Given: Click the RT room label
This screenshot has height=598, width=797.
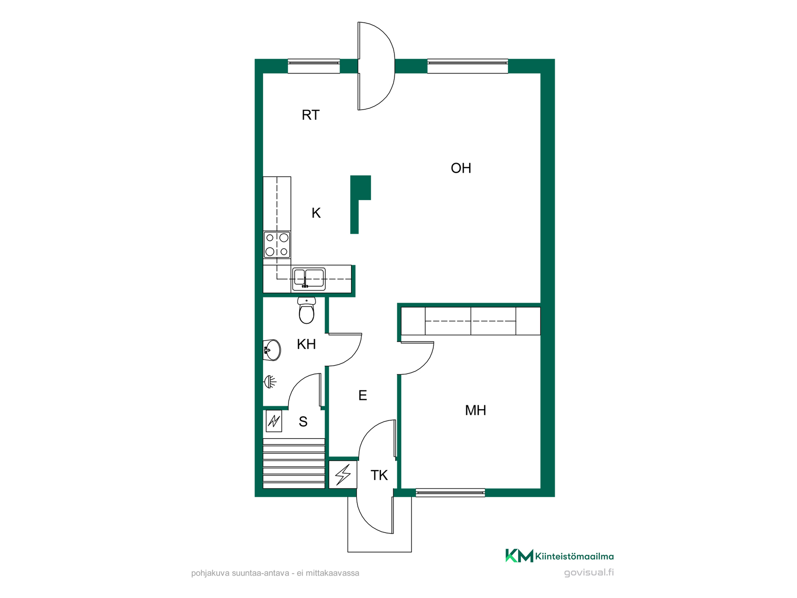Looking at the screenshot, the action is [310, 115].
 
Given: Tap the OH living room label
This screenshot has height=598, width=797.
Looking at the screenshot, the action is [461, 168].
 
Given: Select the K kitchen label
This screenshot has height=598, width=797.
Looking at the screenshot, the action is [316, 213].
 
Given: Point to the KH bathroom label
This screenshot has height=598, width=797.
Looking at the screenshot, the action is [306, 344].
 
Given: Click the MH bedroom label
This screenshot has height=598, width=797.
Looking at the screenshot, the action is [475, 410].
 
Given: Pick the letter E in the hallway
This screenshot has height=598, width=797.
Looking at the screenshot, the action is [362, 395].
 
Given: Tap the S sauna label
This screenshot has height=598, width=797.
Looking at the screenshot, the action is [303, 422].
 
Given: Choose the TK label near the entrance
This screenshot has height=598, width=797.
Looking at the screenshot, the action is [379, 475].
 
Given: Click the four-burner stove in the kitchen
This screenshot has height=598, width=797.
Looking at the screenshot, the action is [277, 245].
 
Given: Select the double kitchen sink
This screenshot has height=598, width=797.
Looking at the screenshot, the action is [309, 279].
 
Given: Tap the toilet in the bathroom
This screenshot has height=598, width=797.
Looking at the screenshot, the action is [306, 310].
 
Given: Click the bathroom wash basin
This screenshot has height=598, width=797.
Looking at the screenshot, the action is [272, 350].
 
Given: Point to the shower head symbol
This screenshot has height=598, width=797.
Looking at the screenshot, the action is [270, 382].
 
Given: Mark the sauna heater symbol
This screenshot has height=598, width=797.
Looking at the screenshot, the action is [274, 421].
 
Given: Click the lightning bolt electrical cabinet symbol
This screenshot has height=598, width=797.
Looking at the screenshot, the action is [343, 475].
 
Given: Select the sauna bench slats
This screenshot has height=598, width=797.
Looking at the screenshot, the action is [294, 463].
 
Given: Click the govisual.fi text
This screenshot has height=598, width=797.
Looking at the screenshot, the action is [589, 573].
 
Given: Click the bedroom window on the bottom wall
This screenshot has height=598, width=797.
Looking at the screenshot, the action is [450, 493].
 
